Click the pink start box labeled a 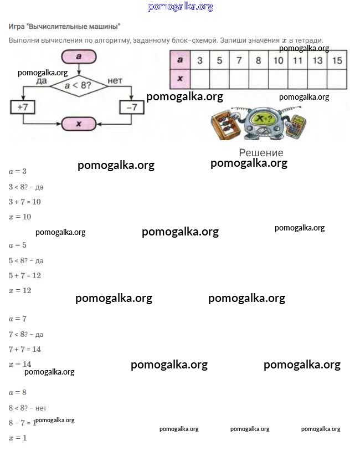point(79,57)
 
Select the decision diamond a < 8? point(79,86)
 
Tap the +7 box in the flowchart point(23,107)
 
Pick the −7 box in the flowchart point(131,107)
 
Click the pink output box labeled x point(79,124)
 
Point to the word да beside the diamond point(41,81)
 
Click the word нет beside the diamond point(115,81)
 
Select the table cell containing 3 point(200,60)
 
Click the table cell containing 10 point(278,60)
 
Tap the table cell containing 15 point(337,60)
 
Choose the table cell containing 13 point(317,60)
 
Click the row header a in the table point(179,60)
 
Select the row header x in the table point(179,79)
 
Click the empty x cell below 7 point(239,79)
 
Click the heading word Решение point(261,152)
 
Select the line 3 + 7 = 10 point(25,202)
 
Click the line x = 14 point(20,364)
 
